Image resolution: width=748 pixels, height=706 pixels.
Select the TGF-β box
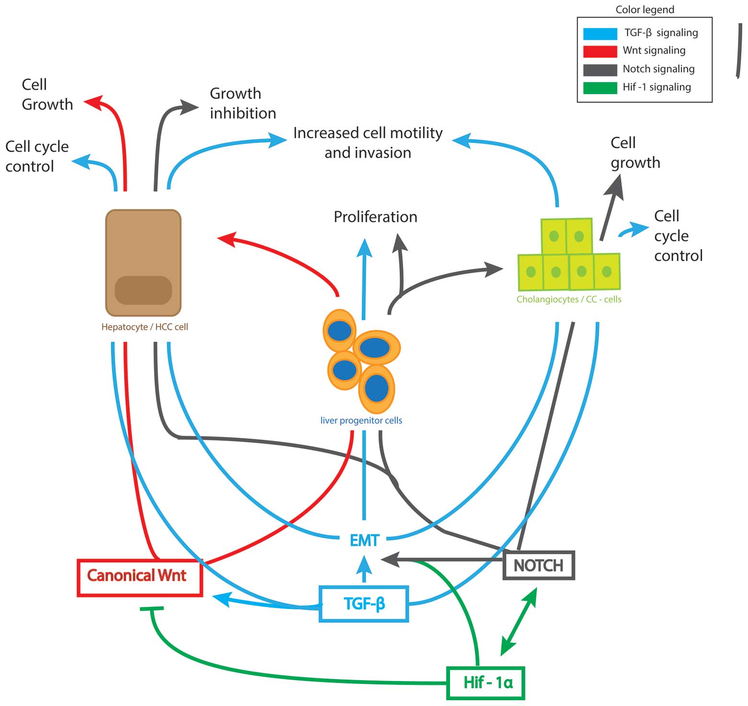(x=364, y=604)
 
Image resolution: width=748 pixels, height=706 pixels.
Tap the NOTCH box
(x=538, y=565)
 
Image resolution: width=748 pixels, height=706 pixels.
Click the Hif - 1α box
(x=486, y=682)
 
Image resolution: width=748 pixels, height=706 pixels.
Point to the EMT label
(x=364, y=540)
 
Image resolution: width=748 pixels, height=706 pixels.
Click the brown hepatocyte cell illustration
(x=143, y=263)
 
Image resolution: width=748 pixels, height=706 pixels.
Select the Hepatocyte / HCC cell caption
(x=144, y=327)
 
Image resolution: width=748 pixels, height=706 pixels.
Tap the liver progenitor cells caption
(x=361, y=420)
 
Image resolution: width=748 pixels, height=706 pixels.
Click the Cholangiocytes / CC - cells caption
(x=569, y=299)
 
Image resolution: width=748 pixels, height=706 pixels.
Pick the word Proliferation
(x=375, y=217)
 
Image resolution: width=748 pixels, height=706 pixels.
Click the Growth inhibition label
(x=242, y=103)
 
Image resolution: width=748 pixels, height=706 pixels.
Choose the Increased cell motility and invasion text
(x=368, y=143)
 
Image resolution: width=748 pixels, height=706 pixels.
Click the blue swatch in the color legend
(x=600, y=34)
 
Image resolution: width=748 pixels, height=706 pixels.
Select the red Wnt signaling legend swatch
(x=600, y=51)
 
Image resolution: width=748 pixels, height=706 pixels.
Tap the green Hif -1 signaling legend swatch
(x=600, y=88)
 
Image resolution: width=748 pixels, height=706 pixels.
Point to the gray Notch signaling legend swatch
(x=600, y=70)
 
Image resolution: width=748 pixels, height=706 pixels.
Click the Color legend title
(x=644, y=10)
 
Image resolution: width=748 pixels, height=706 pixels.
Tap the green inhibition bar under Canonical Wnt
(x=152, y=609)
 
